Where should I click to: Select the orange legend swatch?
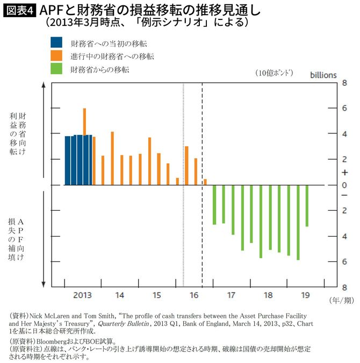pyautogui.click(x=56, y=56)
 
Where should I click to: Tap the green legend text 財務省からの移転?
pyautogui.click(x=100, y=69)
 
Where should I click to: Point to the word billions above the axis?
pyautogui.click(x=323, y=75)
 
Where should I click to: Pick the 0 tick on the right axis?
pyautogui.click(x=330, y=186)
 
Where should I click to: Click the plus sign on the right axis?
pyautogui.click(x=330, y=173)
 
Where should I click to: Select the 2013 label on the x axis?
pyautogui.click(x=82, y=295)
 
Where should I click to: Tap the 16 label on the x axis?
pyautogui.click(x=193, y=295)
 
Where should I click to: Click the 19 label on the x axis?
pyautogui.click(x=305, y=295)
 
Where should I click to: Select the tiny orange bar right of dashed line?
pyautogui.click(x=205, y=182)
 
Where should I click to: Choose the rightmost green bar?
pyautogui.click(x=307, y=206)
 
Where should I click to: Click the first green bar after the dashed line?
pyautogui.click(x=214, y=205)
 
